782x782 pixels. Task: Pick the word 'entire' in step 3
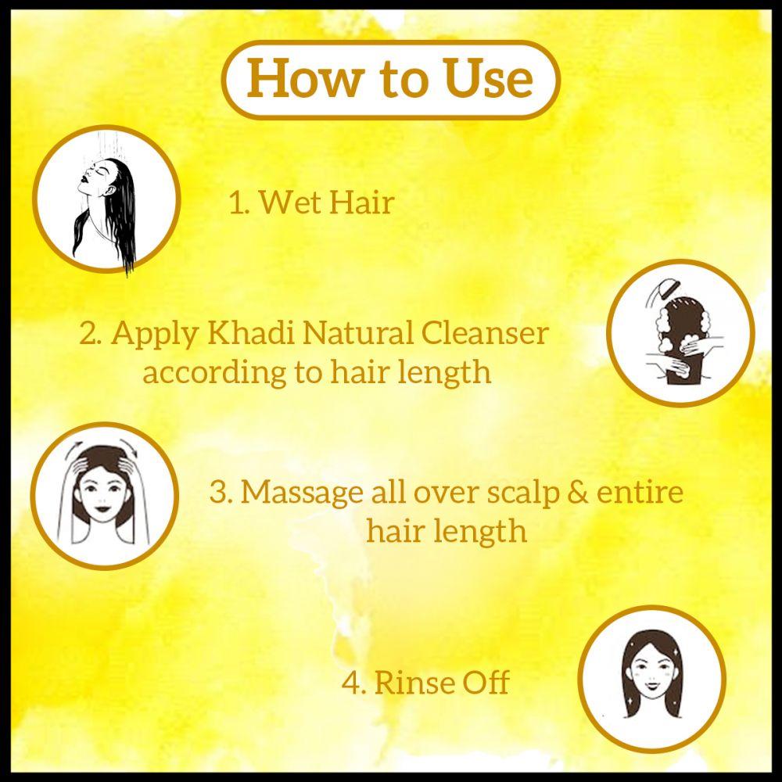tap(640, 493)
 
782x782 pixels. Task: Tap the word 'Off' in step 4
tap(486, 682)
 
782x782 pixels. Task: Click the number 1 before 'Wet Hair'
tap(237, 203)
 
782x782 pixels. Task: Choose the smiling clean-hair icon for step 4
tap(653, 677)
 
